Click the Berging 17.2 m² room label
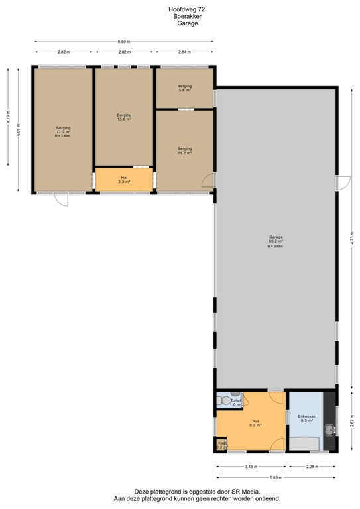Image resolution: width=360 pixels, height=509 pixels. tap(64, 130)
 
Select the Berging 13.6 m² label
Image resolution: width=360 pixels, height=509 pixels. tap(124, 117)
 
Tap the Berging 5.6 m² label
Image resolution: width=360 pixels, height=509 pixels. tap(184, 87)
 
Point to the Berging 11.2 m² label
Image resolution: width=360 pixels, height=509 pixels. tap(184, 151)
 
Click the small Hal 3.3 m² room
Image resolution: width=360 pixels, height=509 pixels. tap(124, 179)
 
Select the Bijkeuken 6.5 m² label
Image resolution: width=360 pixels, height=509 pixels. tap(306, 418)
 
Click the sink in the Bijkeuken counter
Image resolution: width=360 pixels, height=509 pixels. tap(330, 431)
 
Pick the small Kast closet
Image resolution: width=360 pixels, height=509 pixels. tap(221, 445)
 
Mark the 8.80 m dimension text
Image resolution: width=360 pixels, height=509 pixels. tap(124, 41)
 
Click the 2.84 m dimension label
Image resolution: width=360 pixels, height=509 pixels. tap(184, 51)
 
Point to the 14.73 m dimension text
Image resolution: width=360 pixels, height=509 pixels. tap(351, 239)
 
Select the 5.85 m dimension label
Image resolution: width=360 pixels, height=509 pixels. tap(276, 477)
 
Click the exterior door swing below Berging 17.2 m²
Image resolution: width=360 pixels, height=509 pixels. tap(61, 199)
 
